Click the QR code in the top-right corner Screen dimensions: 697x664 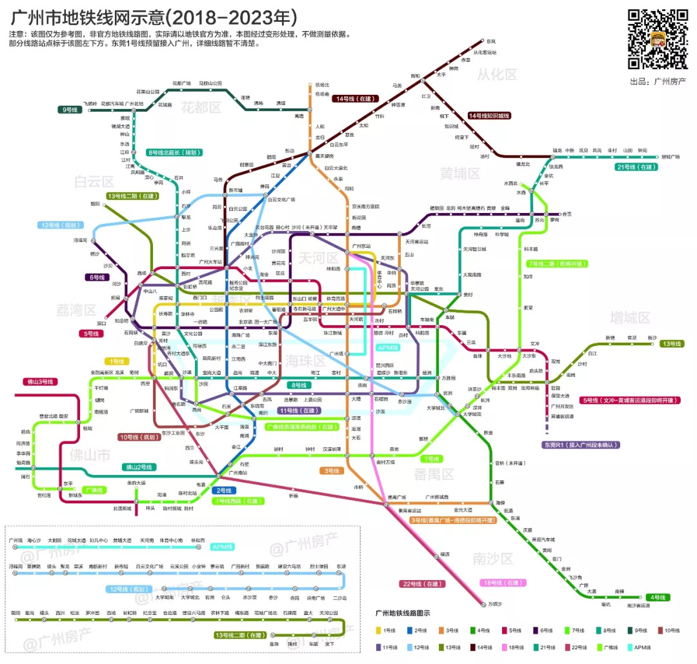click(658, 39)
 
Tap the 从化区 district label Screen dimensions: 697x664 click(497, 75)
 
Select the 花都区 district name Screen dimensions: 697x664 click(201, 106)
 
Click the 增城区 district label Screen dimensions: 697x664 click(630, 317)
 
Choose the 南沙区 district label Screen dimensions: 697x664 click(492, 558)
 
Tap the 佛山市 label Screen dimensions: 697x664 click(91, 456)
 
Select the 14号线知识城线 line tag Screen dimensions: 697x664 click(489, 116)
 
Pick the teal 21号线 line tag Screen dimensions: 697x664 click(636, 167)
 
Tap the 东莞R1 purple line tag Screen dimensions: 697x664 click(581, 445)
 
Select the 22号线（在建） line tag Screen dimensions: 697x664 click(423, 584)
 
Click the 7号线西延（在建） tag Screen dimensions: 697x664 click(238, 501)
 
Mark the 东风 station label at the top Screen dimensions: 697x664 click(491, 41)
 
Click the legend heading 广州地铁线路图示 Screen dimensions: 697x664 click(402, 613)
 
